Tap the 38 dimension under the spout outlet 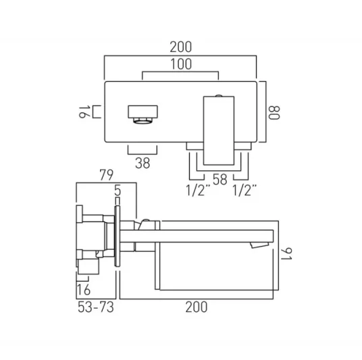point(143,163)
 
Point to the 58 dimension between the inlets point(219,180)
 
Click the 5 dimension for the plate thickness point(118,192)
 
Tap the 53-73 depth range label point(94,307)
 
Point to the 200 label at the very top point(181,47)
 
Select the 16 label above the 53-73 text point(85,290)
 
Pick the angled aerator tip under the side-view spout point(257,245)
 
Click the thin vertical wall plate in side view point(119,240)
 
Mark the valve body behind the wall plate point(95,240)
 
